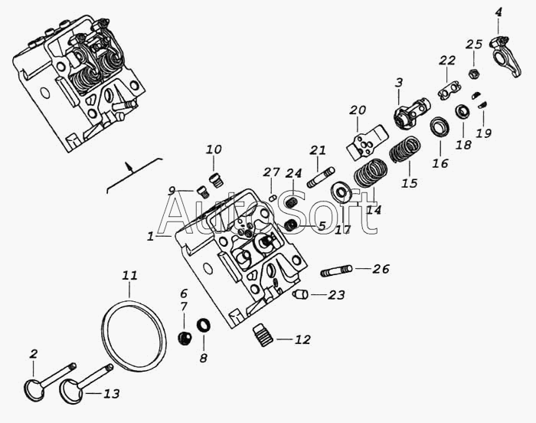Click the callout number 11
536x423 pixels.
[x=130, y=276]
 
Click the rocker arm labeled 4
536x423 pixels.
[x=505, y=54]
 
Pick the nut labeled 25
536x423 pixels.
[x=474, y=73]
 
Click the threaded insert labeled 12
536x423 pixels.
[x=263, y=336]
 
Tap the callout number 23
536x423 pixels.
[x=336, y=295]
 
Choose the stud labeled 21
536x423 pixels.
[x=322, y=177]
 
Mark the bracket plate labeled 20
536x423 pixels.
[x=366, y=142]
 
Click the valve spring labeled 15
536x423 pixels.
[x=405, y=149]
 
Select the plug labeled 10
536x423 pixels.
[x=215, y=180]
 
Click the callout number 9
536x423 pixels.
[x=172, y=191]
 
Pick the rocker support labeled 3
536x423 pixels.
[x=410, y=113]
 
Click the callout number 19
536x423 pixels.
[x=484, y=133]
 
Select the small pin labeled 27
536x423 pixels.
[x=273, y=198]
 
